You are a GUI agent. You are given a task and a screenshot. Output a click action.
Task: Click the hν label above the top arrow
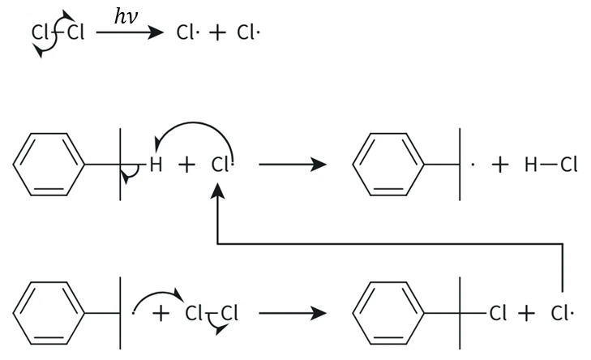coord(126,17)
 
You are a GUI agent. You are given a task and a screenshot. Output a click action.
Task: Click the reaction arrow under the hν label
coord(130,32)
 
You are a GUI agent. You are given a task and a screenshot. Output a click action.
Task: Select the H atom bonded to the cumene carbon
coord(156,165)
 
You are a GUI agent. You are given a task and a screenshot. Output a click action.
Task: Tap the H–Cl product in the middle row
coord(550,165)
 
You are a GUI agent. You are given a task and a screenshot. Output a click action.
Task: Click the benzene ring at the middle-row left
coord(49,165)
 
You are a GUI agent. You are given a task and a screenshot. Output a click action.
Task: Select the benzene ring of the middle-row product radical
coord(388,165)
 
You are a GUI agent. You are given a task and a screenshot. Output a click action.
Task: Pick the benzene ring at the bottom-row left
coord(49,313)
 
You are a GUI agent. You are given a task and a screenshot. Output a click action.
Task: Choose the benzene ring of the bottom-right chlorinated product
coord(388,313)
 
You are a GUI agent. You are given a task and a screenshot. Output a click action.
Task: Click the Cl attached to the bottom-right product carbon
coord(498,313)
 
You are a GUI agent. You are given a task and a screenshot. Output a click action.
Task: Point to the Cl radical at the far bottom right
coord(562,313)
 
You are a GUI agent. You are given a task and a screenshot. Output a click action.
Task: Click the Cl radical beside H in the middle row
coord(221,165)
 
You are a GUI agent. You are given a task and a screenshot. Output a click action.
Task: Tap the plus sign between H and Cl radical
coord(186,165)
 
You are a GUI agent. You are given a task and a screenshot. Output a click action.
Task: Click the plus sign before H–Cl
coord(500,165)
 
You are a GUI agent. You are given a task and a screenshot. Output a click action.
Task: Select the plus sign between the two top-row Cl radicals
coord(217,32)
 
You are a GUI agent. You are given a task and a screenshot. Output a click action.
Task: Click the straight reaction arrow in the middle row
coord(293,165)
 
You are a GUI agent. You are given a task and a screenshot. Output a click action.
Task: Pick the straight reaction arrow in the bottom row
coord(293,313)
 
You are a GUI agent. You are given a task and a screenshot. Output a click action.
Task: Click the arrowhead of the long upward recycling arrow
coord(217,191)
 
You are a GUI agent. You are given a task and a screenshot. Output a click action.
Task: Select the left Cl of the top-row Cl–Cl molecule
coord(40,32)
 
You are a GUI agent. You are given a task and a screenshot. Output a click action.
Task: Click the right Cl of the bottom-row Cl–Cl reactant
coord(229,313)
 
